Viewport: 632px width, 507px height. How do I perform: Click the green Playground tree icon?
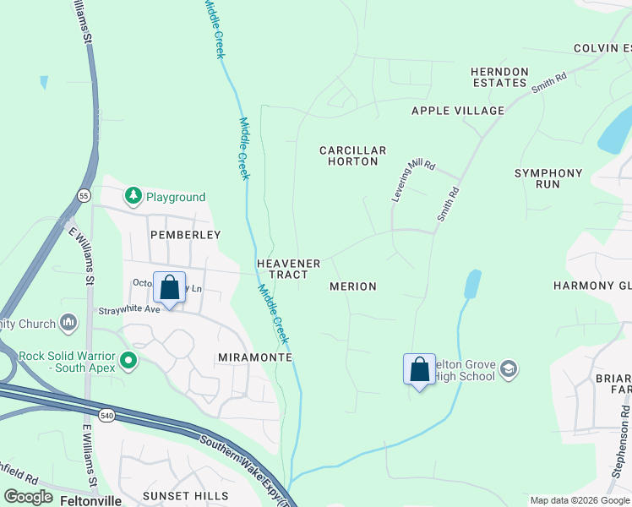click(133, 197)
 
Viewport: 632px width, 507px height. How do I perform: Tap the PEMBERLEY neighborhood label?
click(185, 234)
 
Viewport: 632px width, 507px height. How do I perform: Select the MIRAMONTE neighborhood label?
click(254, 357)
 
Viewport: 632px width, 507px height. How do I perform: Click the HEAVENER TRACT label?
click(288, 269)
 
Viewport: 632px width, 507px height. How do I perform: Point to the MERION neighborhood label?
click(353, 286)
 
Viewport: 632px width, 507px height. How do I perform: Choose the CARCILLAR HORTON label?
click(352, 155)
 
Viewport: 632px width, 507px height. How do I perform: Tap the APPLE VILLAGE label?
click(457, 111)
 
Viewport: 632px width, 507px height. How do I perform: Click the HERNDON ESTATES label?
click(499, 77)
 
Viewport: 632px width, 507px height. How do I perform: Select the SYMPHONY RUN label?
click(548, 178)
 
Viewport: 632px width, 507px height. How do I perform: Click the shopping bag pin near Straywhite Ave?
click(169, 287)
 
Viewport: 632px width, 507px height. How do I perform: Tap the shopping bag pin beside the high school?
click(419, 369)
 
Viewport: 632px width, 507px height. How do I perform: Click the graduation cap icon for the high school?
click(509, 369)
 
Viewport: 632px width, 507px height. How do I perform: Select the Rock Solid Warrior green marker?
click(128, 362)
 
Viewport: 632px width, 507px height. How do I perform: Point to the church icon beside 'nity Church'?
click(69, 323)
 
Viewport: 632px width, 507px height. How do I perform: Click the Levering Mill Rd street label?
click(412, 179)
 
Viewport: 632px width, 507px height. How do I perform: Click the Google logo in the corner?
click(30, 497)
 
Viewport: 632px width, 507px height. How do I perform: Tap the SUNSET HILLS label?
click(185, 495)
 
